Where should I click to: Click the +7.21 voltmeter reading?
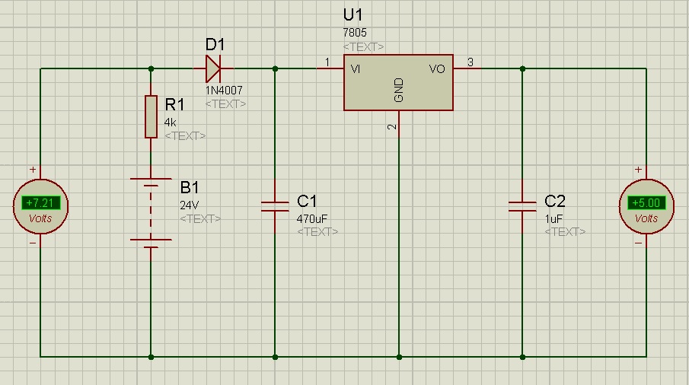[x=40, y=203]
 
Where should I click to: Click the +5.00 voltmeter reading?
[x=646, y=203]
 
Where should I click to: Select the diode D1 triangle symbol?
[x=214, y=68]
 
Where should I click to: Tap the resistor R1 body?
[x=152, y=116]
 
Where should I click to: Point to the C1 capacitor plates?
[x=275, y=206]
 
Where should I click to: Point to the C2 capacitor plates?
[x=522, y=206]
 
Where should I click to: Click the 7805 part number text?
[x=355, y=33]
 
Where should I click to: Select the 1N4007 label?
[x=224, y=91]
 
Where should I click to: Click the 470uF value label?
[x=312, y=218]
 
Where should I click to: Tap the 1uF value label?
[x=553, y=218]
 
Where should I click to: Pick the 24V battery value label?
[x=190, y=205]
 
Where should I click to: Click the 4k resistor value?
[x=170, y=123]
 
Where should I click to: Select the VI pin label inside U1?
[x=356, y=69]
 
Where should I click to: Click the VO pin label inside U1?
[x=437, y=69]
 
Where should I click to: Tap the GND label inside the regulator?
[x=399, y=91]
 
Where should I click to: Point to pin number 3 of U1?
[x=470, y=62]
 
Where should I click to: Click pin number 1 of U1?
[x=327, y=62]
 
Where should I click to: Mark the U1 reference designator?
[x=352, y=15]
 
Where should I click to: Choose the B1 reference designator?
[x=190, y=187]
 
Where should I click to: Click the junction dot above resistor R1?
[x=152, y=69]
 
